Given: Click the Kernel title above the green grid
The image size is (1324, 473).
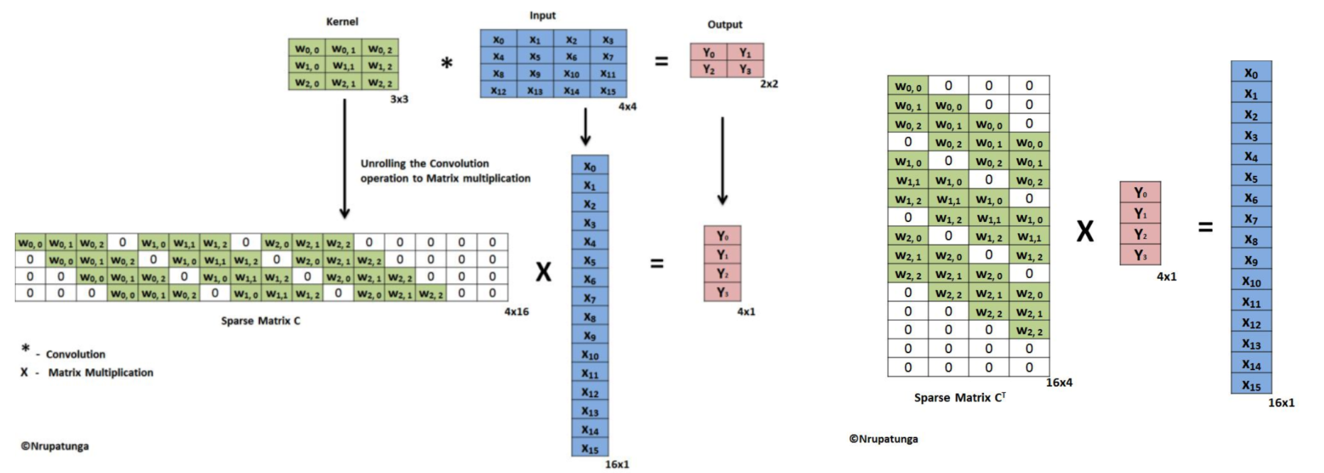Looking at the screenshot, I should coord(341,22).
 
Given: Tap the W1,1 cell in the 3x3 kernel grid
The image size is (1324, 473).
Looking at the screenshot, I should coord(344,66).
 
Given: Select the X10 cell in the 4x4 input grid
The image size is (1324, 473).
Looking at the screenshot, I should coord(571,74).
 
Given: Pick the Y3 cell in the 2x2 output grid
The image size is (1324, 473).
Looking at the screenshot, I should coord(745,69).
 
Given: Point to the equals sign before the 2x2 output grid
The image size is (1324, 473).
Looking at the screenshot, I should coord(661,62).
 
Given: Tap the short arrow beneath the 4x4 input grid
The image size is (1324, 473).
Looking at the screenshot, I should coord(585,127).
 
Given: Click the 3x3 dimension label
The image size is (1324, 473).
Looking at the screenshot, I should coord(399,99).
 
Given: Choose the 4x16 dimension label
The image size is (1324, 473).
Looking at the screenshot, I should coord(516,311).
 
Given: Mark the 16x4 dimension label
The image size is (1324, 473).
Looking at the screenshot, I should coord(1058,383).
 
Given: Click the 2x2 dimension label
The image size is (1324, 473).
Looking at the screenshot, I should coord(769,84).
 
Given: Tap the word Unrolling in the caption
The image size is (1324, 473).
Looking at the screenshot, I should coord(383,164).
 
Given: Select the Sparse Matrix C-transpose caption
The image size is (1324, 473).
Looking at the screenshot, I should coord(959,398).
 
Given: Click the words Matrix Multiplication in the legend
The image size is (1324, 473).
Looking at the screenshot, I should coord(100,372).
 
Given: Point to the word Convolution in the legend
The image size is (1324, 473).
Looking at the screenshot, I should coord(75,355).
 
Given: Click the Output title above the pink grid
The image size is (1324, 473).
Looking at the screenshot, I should coord(724,25).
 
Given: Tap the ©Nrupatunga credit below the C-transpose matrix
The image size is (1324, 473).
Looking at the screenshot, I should coord(883,439).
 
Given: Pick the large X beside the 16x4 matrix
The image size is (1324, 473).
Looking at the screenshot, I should coord(1084,231).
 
